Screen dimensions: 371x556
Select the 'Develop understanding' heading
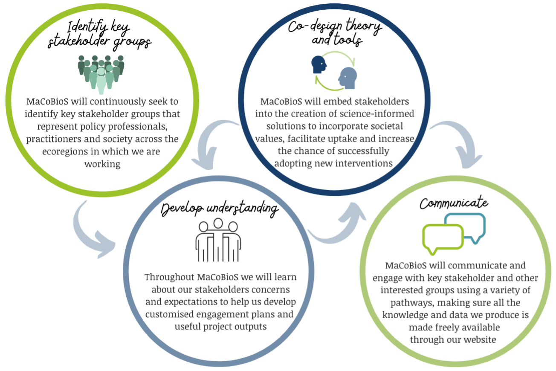click(x=220, y=209)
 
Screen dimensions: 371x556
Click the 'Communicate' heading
click(x=454, y=203)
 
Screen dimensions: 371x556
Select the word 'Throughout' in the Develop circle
click(x=170, y=277)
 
